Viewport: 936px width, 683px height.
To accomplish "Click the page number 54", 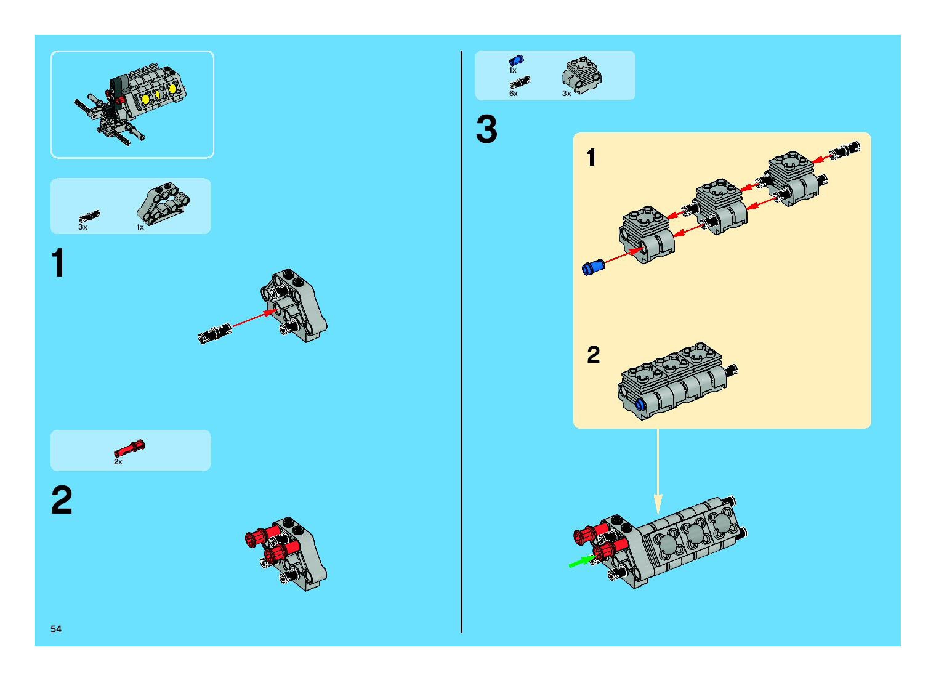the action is pos(56,629).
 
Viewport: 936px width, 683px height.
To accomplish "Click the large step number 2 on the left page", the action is pos(62,500).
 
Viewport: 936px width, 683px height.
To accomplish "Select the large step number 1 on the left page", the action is pos(59,263).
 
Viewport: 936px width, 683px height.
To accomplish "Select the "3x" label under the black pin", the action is pos(83,227).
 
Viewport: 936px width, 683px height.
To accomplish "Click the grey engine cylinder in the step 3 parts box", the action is pos(581,75).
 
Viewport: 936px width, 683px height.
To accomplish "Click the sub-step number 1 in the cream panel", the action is pos(591,158).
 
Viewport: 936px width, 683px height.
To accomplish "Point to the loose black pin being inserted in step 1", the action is pos(215,332).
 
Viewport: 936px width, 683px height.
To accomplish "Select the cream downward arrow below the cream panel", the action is pos(658,471).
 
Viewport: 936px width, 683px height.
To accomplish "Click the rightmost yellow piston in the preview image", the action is pos(171,88).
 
